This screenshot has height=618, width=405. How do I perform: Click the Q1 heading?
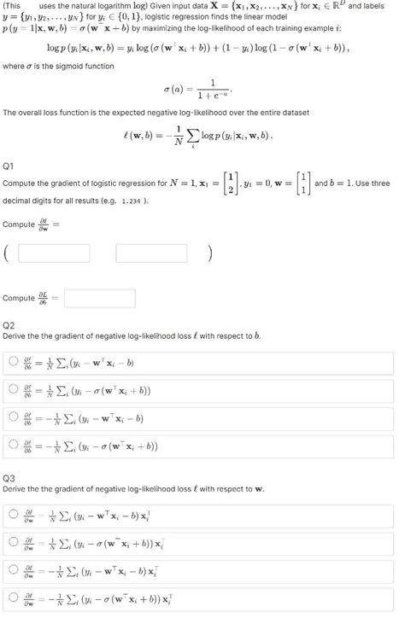9,166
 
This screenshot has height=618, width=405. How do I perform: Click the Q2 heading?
9,325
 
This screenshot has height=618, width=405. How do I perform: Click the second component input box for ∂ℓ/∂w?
151,254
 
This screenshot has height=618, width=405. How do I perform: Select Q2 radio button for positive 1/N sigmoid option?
13,391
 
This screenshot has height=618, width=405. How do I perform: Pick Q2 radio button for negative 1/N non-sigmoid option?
13,418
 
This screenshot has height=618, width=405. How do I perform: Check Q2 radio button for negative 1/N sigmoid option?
13,446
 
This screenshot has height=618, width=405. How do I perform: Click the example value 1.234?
132,201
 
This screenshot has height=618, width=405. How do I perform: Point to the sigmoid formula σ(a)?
196,89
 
